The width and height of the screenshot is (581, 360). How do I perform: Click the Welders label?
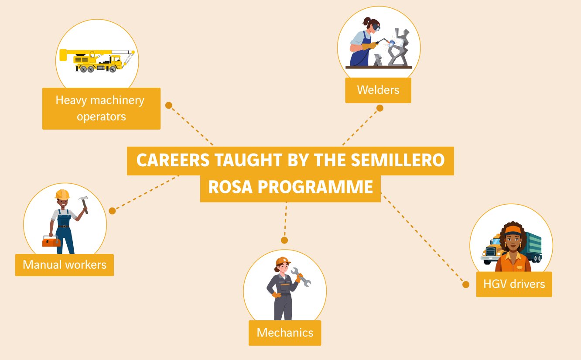378,90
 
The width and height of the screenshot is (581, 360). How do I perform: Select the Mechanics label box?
285,333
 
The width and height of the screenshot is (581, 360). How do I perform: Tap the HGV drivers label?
514,284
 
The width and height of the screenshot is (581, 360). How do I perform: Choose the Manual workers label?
65,265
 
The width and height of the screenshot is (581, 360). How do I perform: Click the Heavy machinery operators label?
101,109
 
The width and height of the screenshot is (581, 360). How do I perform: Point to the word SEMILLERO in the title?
398,160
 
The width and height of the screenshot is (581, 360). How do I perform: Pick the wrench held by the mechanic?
301,277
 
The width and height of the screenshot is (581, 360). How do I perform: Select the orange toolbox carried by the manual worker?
51,241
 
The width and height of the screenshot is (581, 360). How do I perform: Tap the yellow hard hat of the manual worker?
63,194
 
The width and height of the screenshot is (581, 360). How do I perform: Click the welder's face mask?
376,27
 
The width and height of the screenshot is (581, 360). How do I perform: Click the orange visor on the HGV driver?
513,230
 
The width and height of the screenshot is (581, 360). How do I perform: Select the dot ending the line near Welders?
380,108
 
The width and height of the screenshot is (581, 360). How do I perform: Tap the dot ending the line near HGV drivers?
466,285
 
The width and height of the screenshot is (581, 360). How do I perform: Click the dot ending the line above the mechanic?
284,240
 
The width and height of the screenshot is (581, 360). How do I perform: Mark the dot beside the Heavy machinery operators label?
169,105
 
